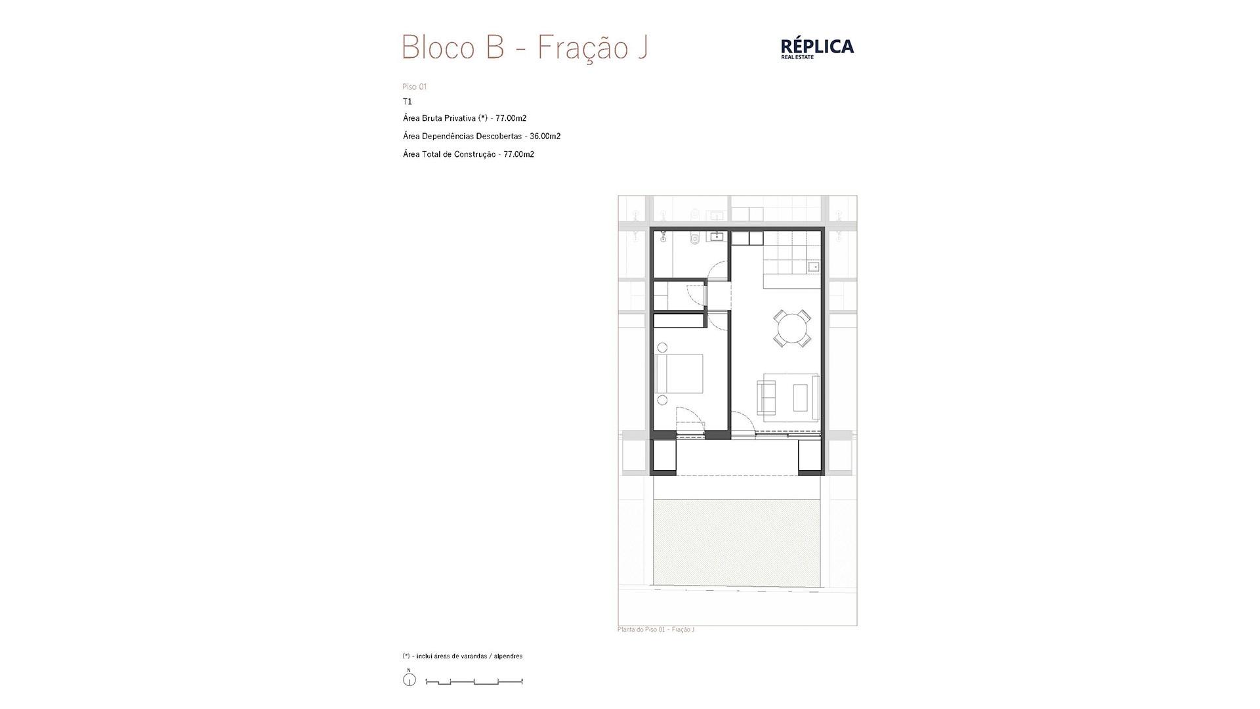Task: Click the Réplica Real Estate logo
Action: tap(817, 48)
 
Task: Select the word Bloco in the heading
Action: tap(438, 47)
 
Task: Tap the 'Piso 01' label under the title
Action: tap(415, 87)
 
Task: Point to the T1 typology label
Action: tap(408, 102)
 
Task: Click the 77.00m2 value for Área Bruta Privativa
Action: tap(511, 118)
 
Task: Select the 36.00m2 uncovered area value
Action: tap(545, 137)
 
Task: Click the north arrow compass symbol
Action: tap(409, 679)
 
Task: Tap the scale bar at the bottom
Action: tap(474, 682)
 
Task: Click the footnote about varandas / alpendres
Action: tap(463, 656)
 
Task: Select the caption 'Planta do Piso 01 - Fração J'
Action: tap(656, 630)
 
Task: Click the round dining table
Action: tap(792, 328)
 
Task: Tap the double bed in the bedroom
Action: tap(680, 374)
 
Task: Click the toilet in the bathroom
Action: tap(695, 238)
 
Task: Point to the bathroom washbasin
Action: tap(715, 236)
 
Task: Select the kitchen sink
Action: tap(814, 267)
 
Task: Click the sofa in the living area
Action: tap(765, 397)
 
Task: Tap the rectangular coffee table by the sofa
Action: tap(801, 397)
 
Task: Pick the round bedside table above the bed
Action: tap(663, 347)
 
